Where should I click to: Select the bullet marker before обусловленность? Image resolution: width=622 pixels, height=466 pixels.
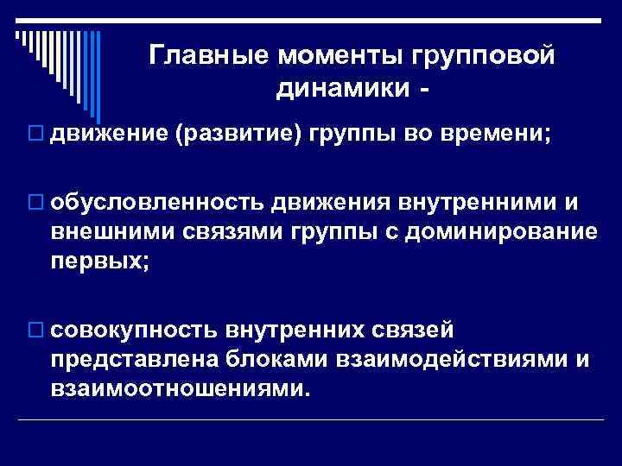(35, 202)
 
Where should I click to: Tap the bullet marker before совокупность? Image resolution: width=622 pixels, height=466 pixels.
(35, 331)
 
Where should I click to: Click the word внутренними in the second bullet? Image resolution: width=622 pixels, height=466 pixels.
(468, 201)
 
